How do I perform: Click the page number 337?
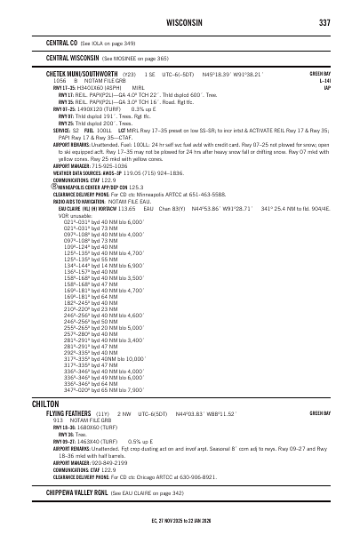click(x=324, y=21)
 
